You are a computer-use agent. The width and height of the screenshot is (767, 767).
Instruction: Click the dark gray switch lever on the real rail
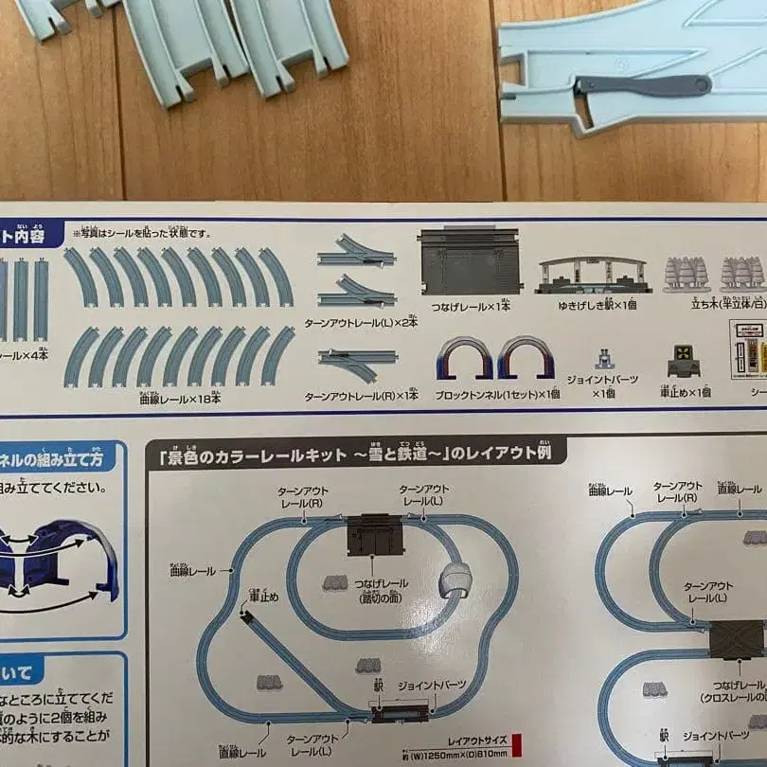[644, 85]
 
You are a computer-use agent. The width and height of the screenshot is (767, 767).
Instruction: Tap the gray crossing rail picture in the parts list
[470, 260]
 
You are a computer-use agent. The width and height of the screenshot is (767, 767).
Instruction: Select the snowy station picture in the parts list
[594, 276]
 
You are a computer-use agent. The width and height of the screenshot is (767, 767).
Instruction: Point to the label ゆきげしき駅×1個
[595, 306]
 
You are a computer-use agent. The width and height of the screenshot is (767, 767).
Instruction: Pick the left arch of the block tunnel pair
[464, 359]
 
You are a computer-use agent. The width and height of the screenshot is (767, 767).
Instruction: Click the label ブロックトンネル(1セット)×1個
[498, 393]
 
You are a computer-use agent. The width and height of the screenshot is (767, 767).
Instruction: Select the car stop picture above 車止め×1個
[685, 361]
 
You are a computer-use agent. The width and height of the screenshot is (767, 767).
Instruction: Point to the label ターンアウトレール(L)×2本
[361, 321]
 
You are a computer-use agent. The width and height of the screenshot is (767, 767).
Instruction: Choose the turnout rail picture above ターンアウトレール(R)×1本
[356, 366]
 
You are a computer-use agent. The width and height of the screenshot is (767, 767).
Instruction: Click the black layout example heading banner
[356, 455]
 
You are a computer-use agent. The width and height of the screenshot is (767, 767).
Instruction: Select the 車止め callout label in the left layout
[263, 596]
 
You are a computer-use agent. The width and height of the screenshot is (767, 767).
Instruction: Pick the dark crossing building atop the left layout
[375, 535]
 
